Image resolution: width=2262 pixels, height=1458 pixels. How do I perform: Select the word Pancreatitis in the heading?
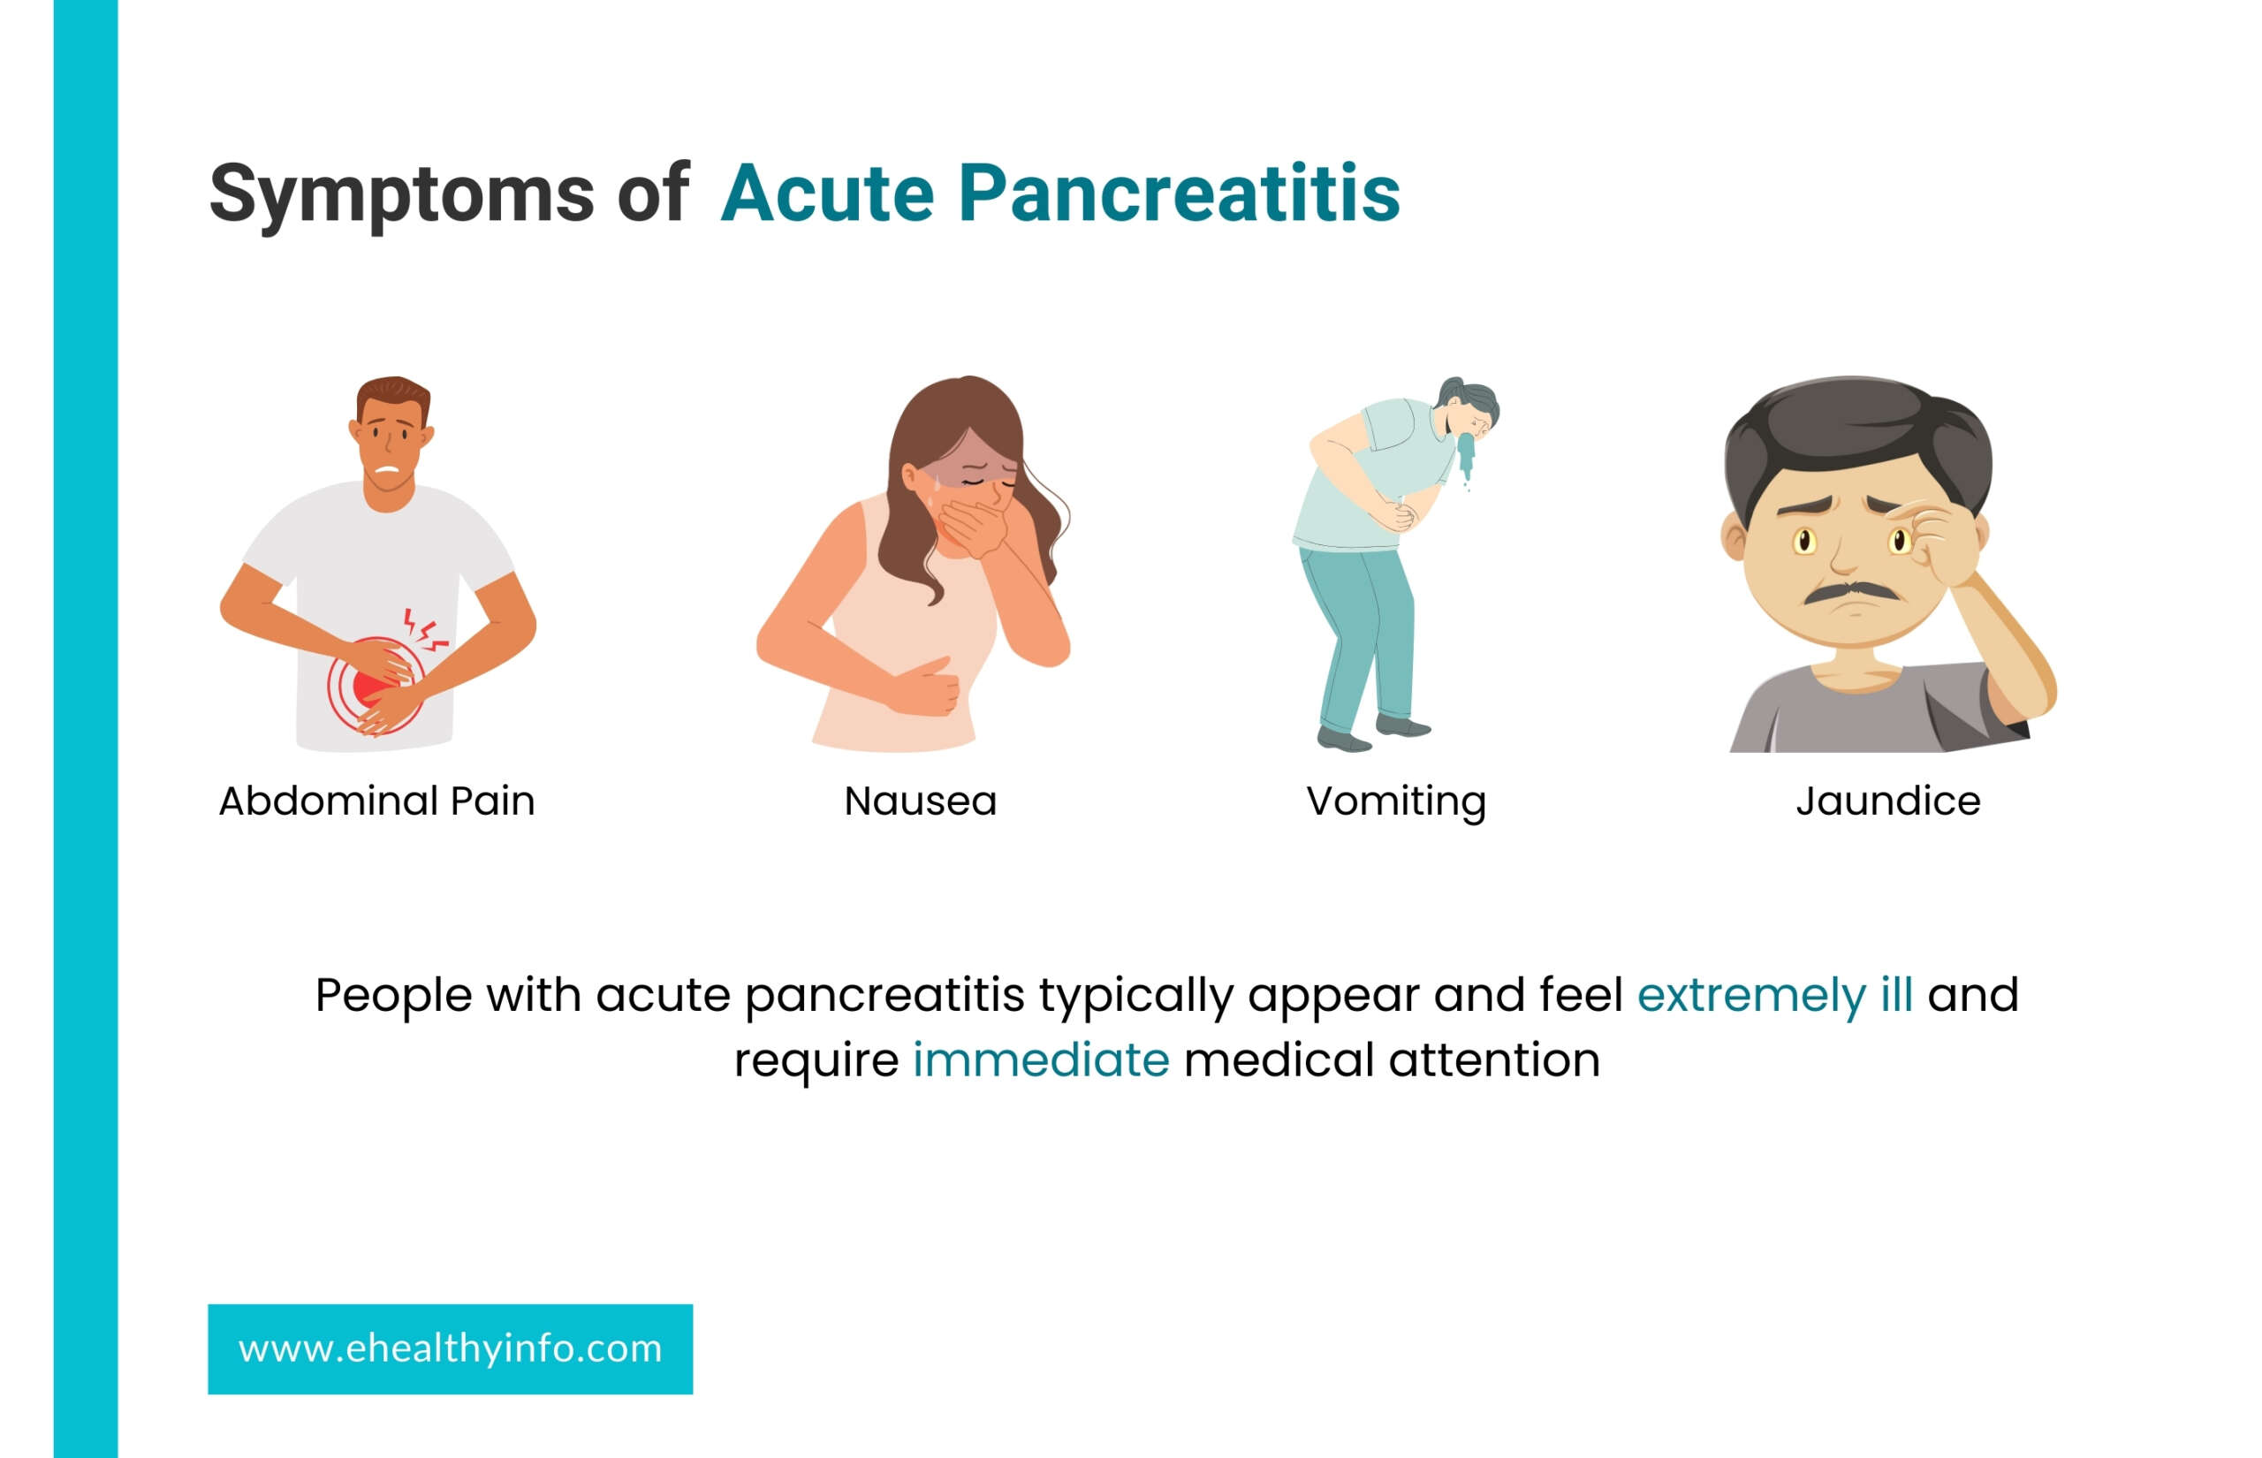pyautogui.click(x=1179, y=194)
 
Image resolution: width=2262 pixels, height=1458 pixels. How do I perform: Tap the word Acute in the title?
pyautogui.click(x=828, y=194)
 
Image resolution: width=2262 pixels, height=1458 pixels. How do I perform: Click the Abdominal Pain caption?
pyautogui.click(x=376, y=801)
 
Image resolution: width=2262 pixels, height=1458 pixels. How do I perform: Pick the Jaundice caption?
pyautogui.click(x=1888, y=801)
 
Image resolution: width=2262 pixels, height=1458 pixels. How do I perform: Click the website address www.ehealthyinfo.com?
pyautogui.click(x=450, y=1348)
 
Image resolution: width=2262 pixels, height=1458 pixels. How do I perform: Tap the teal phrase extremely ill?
pyautogui.click(x=1774, y=995)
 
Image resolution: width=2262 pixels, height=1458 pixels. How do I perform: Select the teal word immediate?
pyautogui.click(x=1040, y=1059)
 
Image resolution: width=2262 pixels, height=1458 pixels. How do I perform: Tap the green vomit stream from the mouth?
pyautogui.click(x=1466, y=459)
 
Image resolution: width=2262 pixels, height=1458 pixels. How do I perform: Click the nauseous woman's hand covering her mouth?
pyautogui.click(x=973, y=528)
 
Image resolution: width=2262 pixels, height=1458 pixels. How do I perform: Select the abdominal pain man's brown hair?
pyautogui.click(x=394, y=396)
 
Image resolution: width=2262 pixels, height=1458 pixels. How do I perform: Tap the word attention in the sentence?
pyautogui.click(x=1494, y=1059)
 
